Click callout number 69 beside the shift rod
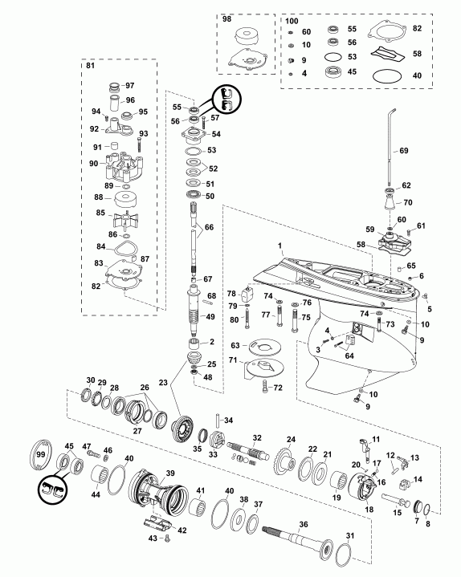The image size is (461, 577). click(403, 150)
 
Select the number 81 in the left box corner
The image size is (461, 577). click(90, 67)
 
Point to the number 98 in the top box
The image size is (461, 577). click(226, 19)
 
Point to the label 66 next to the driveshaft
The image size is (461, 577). click(209, 227)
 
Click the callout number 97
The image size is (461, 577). click(130, 85)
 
